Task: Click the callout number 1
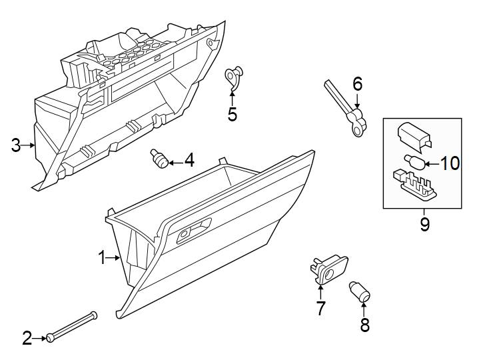click(x=102, y=257)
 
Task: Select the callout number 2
click(x=27, y=339)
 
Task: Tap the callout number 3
click(x=16, y=145)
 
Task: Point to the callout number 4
click(x=189, y=161)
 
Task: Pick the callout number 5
click(x=232, y=115)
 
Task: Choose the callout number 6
click(x=357, y=84)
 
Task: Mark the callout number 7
click(x=320, y=308)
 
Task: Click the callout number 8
click(x=364, y=325)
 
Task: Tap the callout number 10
click(x=450, y=163)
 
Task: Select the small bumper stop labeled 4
click(x=159, y=159)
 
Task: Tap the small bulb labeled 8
click(x=360, y=291)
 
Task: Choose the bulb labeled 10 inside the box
click(x=412, y=161)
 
